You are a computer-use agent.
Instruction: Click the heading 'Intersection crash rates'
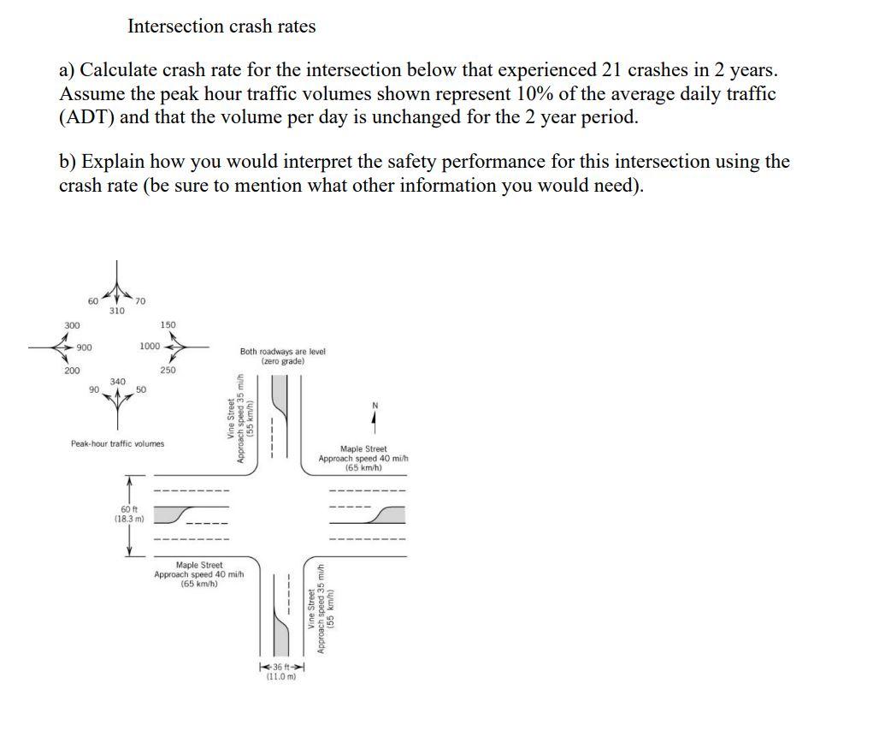tap(221, 27)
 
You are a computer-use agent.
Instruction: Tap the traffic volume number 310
tap(117, 311)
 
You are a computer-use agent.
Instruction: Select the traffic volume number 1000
tap(149, 346)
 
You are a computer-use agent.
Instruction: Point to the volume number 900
tap(85, 347)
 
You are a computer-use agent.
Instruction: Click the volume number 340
tap(118, 381)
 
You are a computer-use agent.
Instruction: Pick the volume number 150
tap(168, 325)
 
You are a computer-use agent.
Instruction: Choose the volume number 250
tap(168, 370)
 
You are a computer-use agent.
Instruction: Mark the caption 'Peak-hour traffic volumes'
tap(117, 443)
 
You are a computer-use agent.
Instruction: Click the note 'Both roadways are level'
tap(282, 352)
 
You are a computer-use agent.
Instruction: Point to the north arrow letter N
tap(374, 405)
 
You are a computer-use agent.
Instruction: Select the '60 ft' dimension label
tap(128, 509)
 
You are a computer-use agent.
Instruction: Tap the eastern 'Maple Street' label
tap(363, 448)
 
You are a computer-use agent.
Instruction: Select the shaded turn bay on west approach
tap(179, 514)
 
